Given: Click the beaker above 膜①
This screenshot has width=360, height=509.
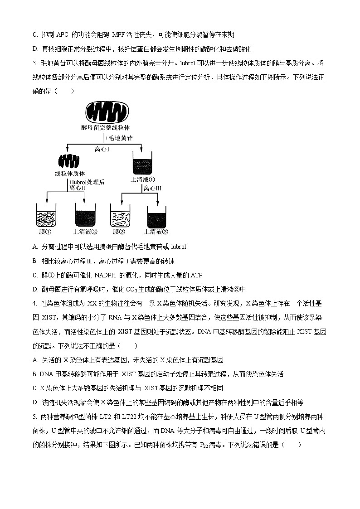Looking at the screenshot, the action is (46, 215).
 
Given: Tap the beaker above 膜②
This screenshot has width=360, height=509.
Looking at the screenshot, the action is (120, 215).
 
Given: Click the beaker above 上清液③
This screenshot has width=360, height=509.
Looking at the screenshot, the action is (157, 215).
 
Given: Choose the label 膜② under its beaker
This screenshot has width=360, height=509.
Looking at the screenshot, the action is (119, 232).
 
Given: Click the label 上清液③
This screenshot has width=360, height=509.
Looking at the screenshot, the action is (156, 232).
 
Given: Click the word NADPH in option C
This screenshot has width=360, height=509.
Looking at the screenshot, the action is (120, 275).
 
